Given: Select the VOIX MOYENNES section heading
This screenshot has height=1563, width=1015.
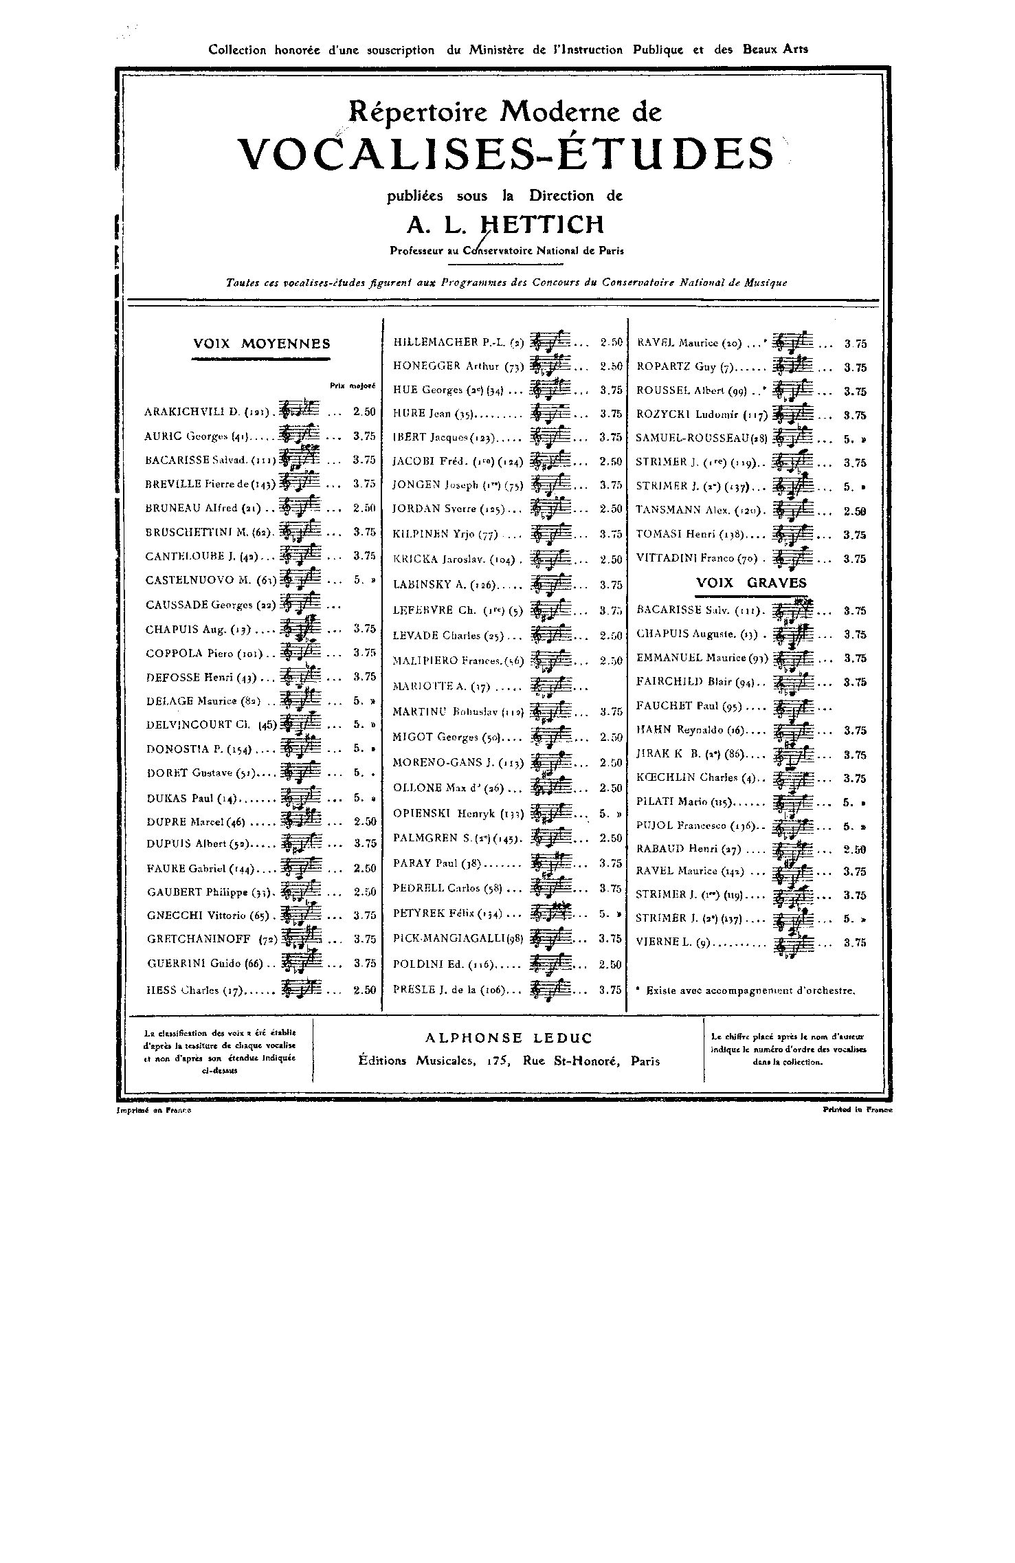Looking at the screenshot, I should pyautogui.click(x=261, y=344).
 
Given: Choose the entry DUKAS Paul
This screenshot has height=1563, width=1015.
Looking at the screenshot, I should pyautogui.click(x=191, y=799).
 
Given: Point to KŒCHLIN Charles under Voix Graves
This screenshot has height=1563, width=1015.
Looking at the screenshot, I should pyautogui.click(x=696, y=778).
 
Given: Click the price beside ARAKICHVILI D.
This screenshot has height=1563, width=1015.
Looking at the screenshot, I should pyautogui.click(x=364, y=412).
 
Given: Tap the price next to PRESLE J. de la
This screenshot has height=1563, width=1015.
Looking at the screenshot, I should pyautogui.click(x=610, y=990).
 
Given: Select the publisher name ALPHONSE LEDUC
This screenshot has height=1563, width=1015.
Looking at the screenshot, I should pyautogui.click(x=509, y=1038).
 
